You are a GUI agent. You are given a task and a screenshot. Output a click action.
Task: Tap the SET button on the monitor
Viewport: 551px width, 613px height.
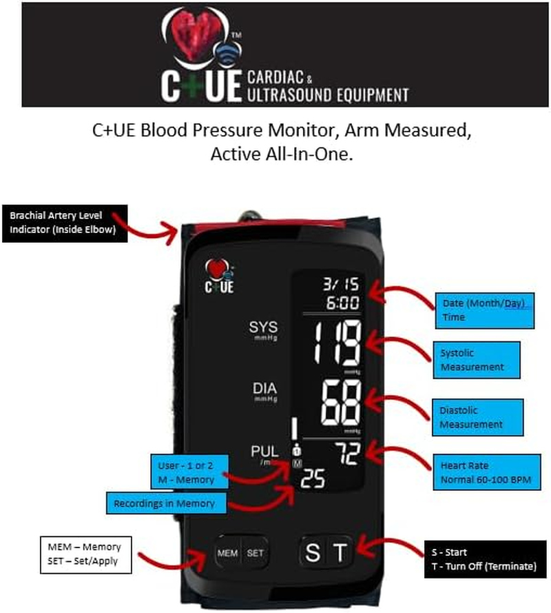[255, 552]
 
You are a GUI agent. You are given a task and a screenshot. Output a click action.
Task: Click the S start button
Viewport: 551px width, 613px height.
[313, 552]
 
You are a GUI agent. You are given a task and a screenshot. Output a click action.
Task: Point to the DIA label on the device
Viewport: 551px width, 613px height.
[264, 390]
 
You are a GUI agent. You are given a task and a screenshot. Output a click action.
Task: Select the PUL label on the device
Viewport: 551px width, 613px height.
[264, 452]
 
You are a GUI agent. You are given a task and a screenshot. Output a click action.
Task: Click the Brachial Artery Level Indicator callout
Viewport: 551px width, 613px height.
[67, 223]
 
